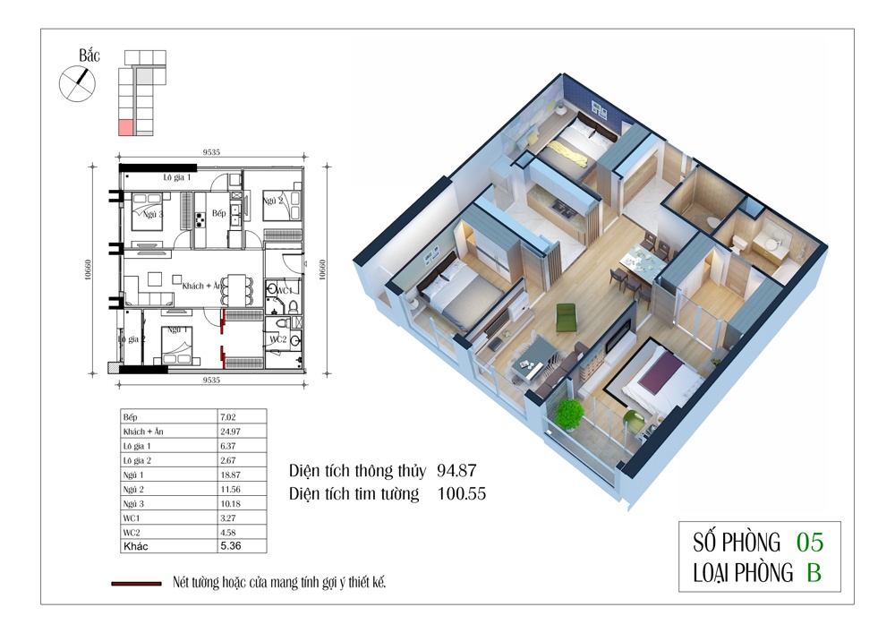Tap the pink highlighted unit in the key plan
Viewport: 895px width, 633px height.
click(125, 128)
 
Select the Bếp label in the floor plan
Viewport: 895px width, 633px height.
click(218, 213)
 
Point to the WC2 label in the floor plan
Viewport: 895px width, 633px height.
click(278, 339)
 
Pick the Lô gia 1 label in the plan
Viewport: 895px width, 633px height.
click(177, 177)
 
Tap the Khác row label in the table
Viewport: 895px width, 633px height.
click(136, 546)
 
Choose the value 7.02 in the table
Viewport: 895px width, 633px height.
click(227, 417)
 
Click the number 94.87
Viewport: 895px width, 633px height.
click(456, 470)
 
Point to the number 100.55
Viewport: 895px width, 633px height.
click(462, 493)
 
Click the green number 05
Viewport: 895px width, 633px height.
click(810, 543)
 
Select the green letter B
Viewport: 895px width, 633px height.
click(814, 572)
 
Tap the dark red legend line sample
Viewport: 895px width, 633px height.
click(136, 584)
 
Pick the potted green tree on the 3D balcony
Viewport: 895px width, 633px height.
click(568, 415)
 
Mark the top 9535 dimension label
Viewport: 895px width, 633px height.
click(211, 152)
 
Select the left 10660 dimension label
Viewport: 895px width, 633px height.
click(88, 270)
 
